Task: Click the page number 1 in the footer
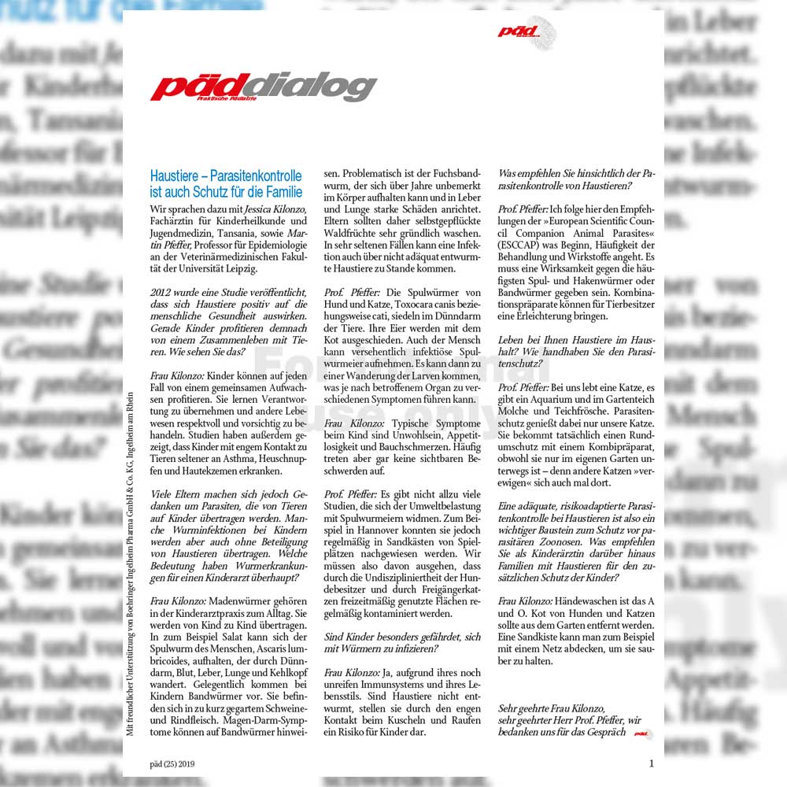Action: (651, 763)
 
